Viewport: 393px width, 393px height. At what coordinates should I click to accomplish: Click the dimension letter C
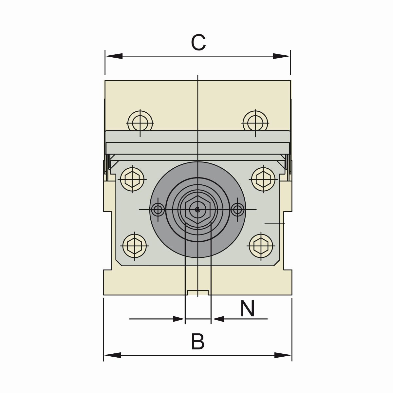click(x=198, y=43)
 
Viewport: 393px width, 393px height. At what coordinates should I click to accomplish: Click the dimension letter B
click(x=198, y=342)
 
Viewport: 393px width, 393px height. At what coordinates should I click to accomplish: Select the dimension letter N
click(x=247, y=309)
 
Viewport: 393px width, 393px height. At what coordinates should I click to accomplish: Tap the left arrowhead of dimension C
click(x=113, y=56)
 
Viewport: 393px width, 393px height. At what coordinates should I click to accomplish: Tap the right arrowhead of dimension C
click(x=282, y=56)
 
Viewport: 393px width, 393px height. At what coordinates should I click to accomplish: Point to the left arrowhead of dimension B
click(x=112, y=355)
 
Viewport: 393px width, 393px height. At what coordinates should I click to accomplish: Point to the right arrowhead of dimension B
click(x=283, y=355)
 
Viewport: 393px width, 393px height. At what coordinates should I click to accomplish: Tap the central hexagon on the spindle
click(x=197, y=210)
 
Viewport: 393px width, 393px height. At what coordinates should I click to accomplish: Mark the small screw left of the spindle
click(x=159, y=210)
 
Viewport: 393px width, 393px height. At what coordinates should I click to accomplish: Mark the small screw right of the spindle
click(x=237, y=210)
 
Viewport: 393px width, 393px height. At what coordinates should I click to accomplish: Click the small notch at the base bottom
click(x=197, y=292)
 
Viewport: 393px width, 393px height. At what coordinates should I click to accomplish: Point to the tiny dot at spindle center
click(x=197, y=210)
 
